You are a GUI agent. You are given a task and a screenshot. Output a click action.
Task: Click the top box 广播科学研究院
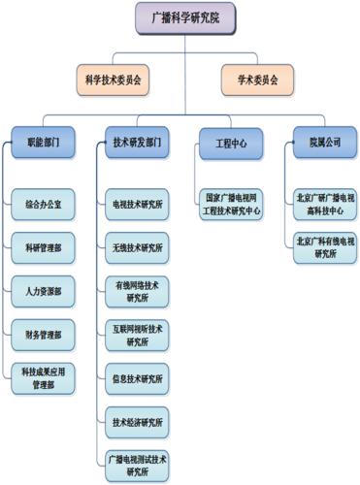(x=183, y=17)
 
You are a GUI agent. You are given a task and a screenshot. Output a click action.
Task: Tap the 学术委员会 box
(x=250, y=79)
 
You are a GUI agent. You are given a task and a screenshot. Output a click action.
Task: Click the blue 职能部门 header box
(x=46, y=143)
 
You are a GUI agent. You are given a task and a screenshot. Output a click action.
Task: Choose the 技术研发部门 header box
(x=136, y=143)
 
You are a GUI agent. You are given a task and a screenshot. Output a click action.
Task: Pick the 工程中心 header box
(x=231, y=143)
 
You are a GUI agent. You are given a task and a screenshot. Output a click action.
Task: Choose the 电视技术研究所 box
(x=137, y=206)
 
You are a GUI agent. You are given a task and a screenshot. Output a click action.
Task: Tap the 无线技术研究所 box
(x=137, y=248)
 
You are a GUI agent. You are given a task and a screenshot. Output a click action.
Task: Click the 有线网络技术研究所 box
(x=137, y=291)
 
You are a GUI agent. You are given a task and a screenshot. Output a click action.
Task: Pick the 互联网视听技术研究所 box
(x=137, y=335)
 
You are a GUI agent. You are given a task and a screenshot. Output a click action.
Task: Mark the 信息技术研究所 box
(x=137, y=378)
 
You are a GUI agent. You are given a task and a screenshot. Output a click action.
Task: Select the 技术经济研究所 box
(x=137, y=422)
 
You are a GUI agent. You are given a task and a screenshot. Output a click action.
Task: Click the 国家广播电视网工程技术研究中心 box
(x=231, y=205)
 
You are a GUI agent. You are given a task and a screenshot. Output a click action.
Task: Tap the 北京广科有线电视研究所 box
(x=326, y=248)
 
